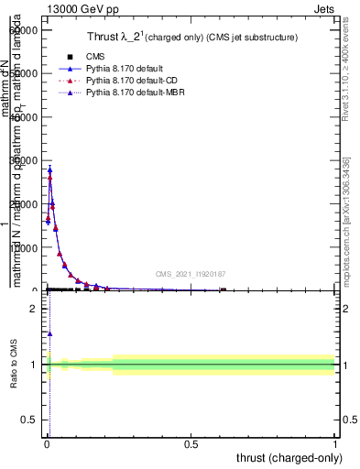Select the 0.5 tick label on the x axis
tap(191, 443)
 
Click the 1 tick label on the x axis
tap(335, 443)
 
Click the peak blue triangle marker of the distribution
tap(49, 169)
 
